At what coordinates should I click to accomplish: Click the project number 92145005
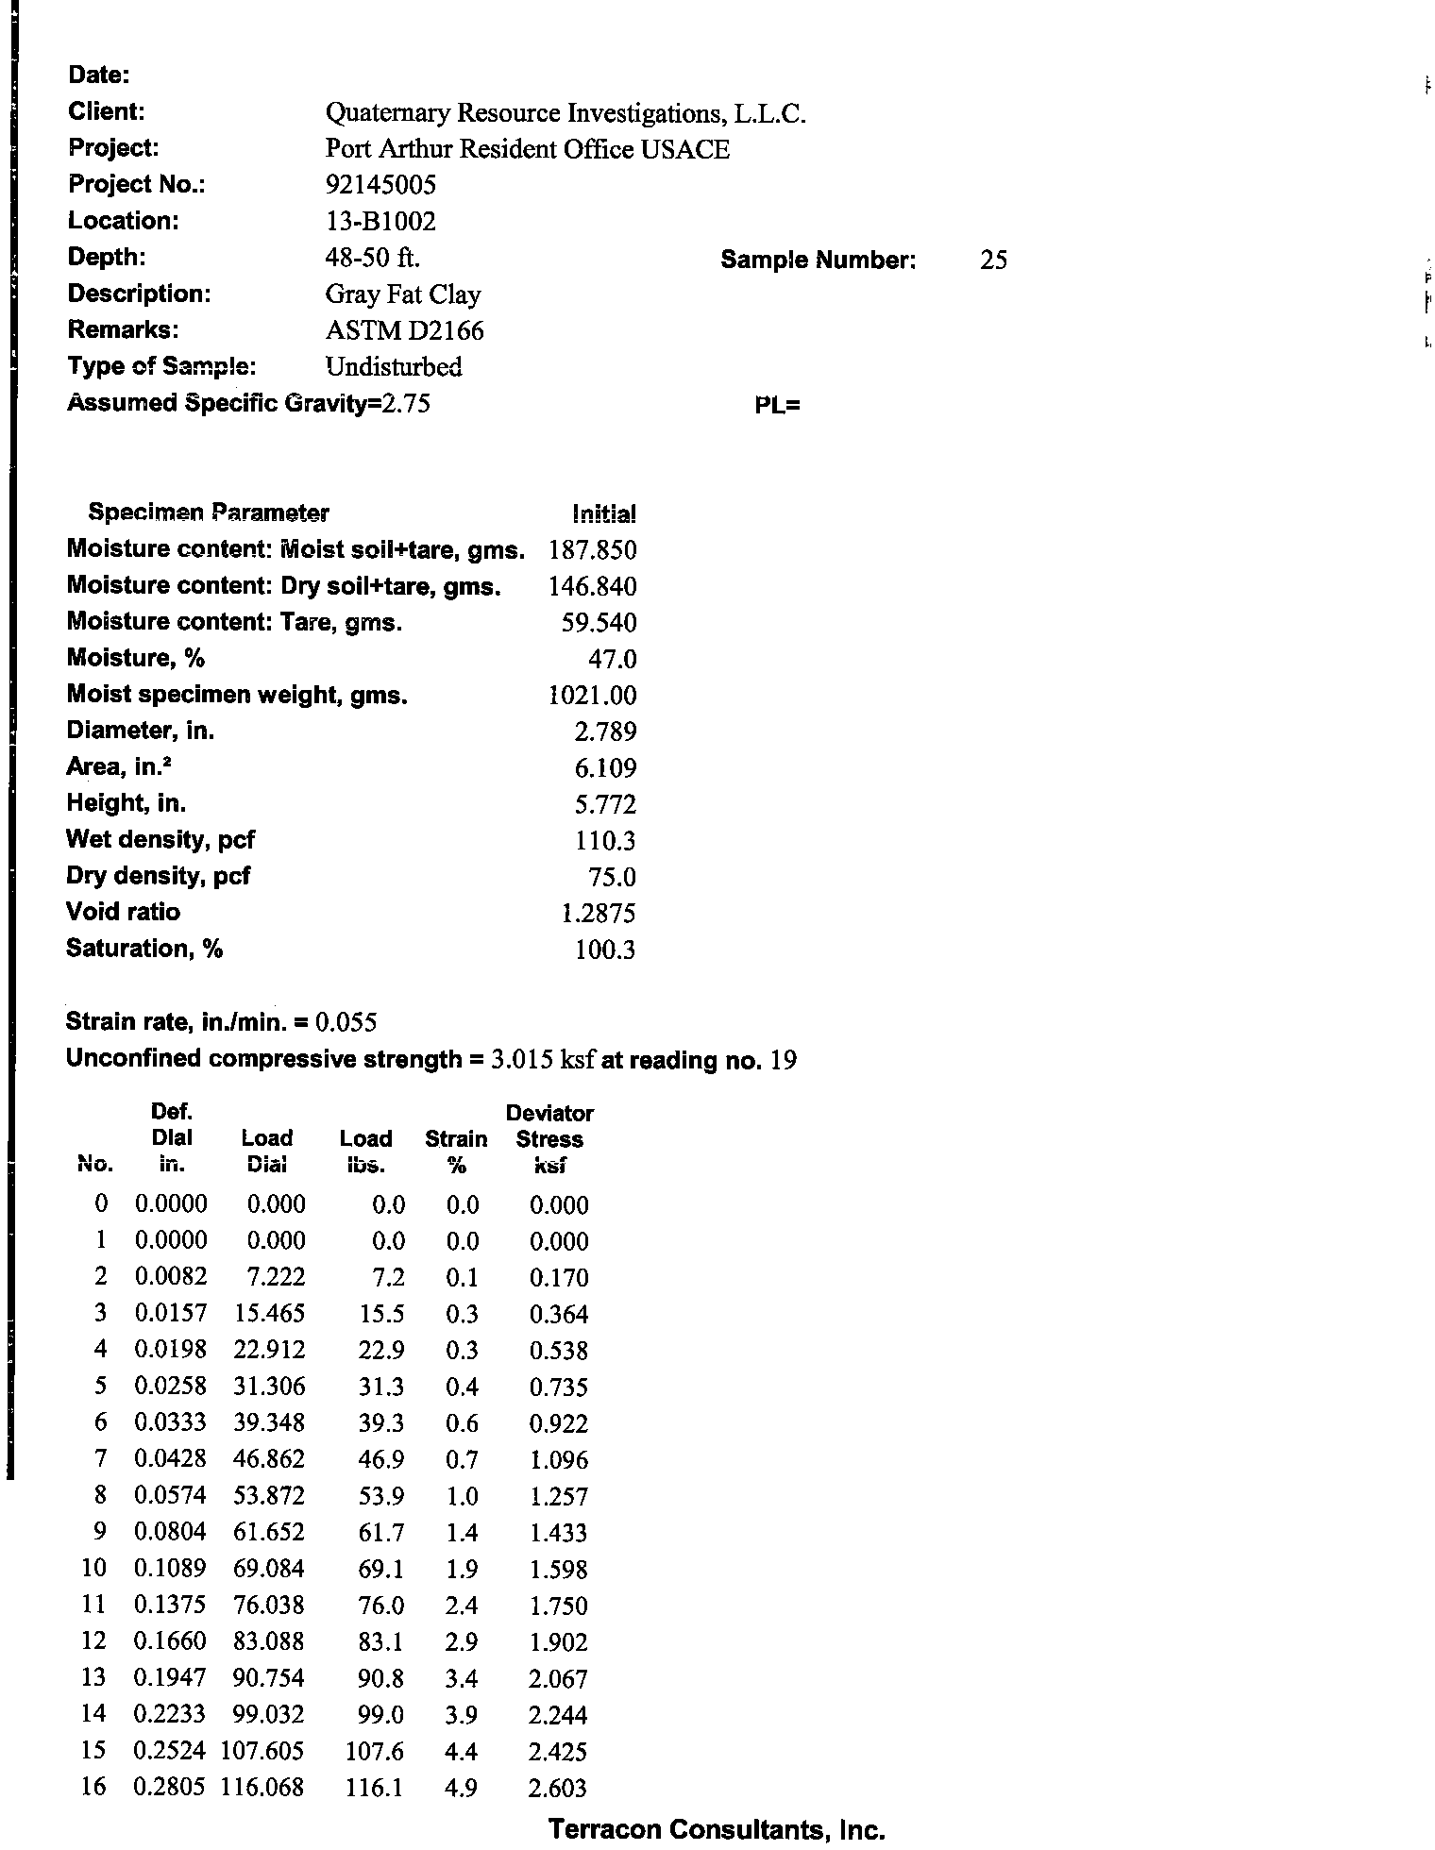[380, 185]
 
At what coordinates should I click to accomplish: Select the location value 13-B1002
[380, 222]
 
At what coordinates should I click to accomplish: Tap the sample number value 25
[993, 261]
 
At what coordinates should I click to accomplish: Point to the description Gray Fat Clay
[403, 294]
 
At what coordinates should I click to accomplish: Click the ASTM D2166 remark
[404, 331]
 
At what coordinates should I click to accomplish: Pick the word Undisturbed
[394, 367]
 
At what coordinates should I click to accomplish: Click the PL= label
[777, 406]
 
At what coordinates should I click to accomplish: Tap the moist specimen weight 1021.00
[593, 696]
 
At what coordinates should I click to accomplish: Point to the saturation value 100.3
[605, 950]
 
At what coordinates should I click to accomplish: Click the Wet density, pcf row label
[160, 839]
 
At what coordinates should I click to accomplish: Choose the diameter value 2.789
[605, 732]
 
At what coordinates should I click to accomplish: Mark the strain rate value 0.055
[346, 1022]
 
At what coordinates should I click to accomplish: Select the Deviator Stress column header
[549, 1138]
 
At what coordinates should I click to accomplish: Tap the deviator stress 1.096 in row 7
[559, 1460]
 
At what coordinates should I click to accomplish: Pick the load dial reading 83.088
[269, 1641]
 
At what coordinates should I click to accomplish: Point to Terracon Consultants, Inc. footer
[717, 1830]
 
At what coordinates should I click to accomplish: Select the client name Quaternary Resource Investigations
[565, 113]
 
